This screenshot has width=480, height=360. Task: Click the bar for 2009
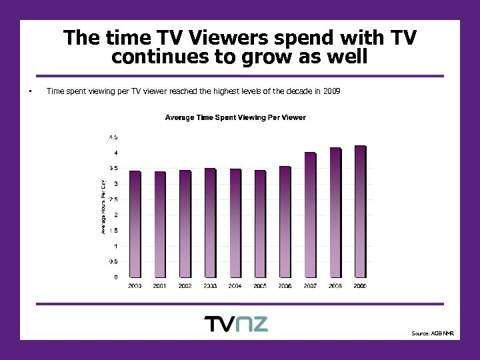[360, 211]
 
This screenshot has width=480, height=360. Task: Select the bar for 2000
[135, 224]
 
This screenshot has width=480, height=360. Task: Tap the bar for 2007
[310, 215]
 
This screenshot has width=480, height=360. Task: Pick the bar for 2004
[235, 223]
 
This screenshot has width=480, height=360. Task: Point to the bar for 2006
[285, 221]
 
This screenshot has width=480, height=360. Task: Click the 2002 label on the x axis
[185, 285]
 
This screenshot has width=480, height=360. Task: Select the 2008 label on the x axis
[335, 285]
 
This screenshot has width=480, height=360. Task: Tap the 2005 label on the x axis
[260, 285]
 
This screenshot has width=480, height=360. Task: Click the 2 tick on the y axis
[116, 215]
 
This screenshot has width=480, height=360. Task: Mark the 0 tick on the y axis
[116, 277]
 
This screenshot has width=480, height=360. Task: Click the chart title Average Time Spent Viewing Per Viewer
[235, 118]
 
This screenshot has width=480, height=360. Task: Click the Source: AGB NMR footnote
[432, 333]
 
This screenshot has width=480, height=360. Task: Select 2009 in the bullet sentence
[331, 91]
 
